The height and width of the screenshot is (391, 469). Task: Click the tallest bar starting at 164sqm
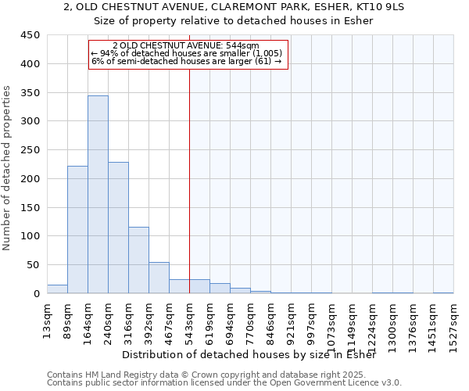click(x=98, y=195)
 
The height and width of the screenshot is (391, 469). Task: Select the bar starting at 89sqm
click(x=77, y=230)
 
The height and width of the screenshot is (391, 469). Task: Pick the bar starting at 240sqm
click(x=118, y=228)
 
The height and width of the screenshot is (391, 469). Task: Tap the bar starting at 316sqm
click(x=138, y=260)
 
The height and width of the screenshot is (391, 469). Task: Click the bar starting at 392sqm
click(x=159, y=278)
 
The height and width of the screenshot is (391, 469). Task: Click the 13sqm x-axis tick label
click(x=48, y=321)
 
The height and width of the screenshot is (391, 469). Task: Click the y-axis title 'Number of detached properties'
click(x=7, y=168)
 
